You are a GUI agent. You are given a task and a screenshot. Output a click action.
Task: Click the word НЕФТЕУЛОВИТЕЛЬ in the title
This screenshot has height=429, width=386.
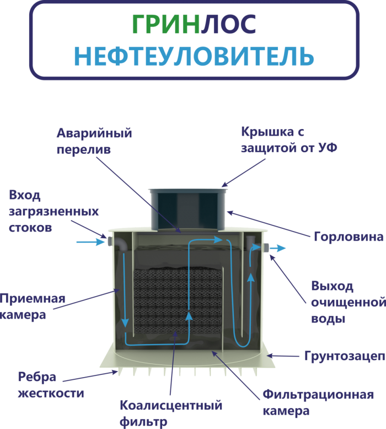tap(194, 56)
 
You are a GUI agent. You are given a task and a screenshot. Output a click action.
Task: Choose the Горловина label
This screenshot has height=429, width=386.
tap(348, 238)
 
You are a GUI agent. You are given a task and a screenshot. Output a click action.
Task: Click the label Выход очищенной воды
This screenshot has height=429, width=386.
tap(347, 302)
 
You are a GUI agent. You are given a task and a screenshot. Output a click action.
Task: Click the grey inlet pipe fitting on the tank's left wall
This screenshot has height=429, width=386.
tap(109, 241)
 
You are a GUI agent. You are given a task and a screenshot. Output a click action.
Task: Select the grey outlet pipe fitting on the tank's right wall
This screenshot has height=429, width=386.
tap(265, 248)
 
